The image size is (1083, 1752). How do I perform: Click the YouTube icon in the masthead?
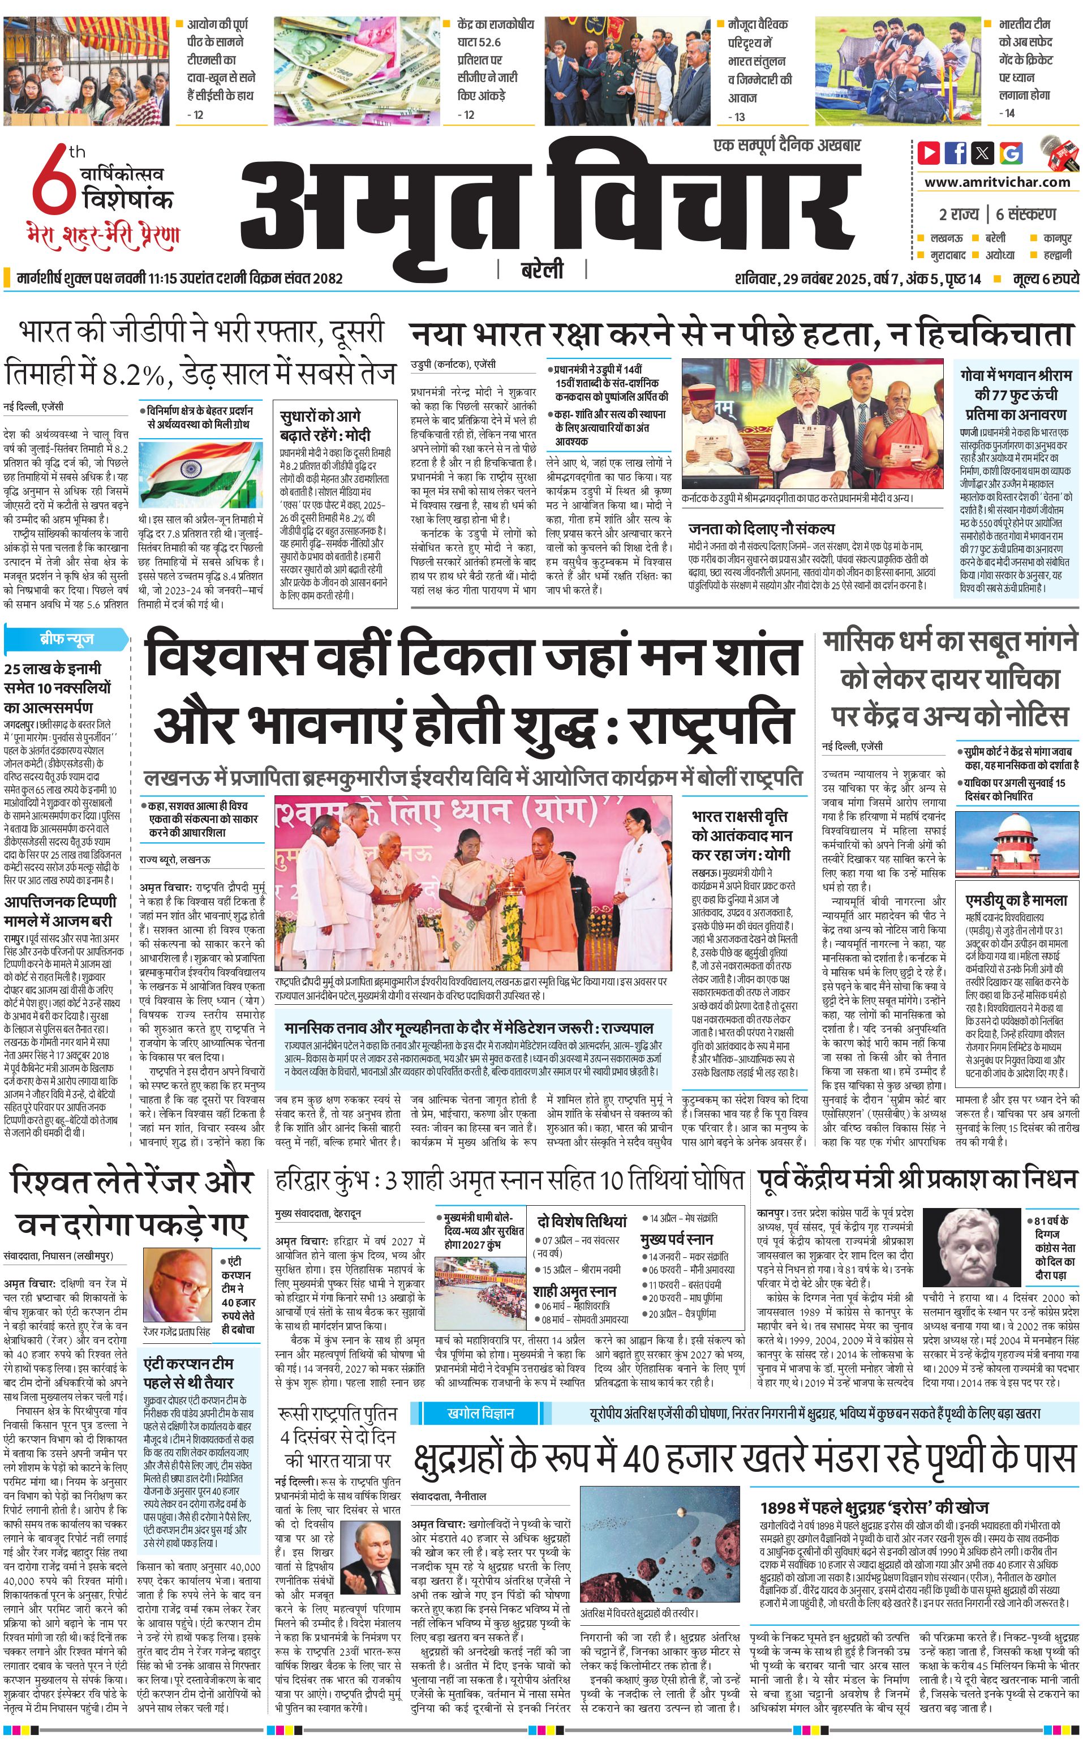click(x=929, y=153)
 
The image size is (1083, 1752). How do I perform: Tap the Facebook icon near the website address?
click(x=956, y=153)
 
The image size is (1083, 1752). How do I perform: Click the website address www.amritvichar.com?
click(x=997, y=182)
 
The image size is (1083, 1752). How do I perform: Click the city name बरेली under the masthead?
click(x=541, y=270)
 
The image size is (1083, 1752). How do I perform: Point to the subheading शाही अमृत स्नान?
click(x=574, y=1291)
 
